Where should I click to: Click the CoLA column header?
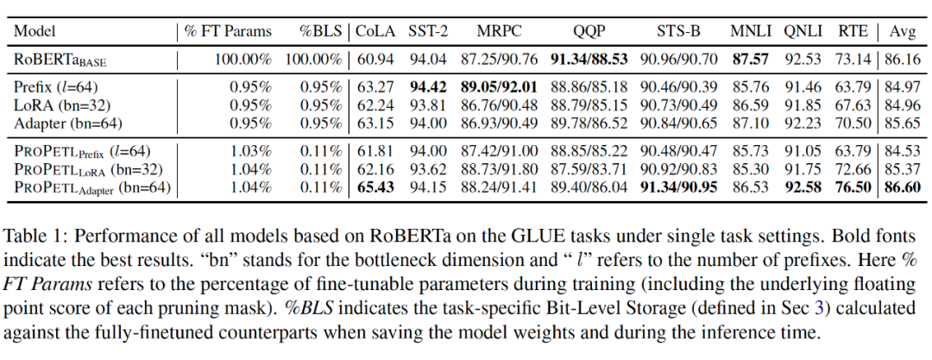point(376,32)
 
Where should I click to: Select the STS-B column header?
point(676,32)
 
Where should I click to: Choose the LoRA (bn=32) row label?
point(68,106)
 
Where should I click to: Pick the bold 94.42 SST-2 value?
point(429,87)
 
